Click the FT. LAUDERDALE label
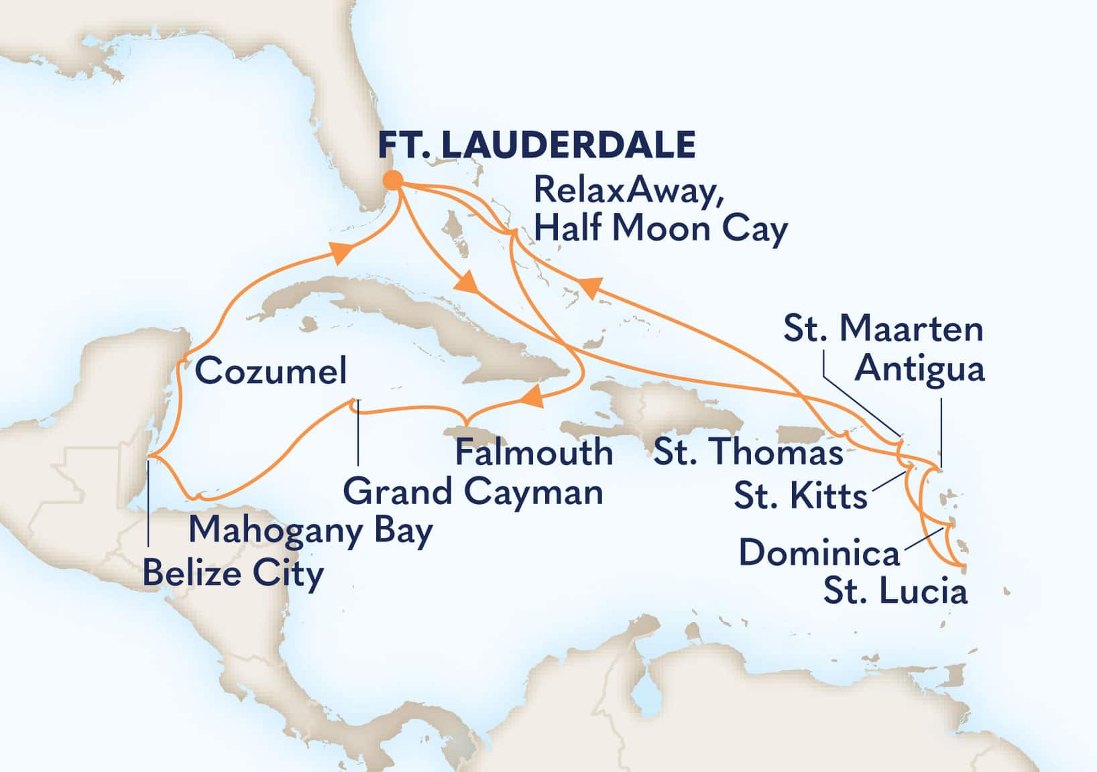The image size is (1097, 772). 537,144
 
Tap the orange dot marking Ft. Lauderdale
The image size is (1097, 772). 393,180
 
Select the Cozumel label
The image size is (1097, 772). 271,371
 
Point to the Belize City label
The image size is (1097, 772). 233,574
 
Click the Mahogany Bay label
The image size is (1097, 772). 310,531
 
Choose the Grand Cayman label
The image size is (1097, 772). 473,493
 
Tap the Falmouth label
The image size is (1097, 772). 534,452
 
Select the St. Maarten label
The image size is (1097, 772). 883,329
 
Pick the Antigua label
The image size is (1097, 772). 920,370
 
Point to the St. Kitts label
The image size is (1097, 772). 801,497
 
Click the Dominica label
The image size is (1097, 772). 819,554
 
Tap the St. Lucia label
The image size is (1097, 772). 895,592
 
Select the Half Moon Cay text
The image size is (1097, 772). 660,229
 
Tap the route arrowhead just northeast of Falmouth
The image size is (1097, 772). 532,399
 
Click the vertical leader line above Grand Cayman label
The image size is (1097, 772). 357,432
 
